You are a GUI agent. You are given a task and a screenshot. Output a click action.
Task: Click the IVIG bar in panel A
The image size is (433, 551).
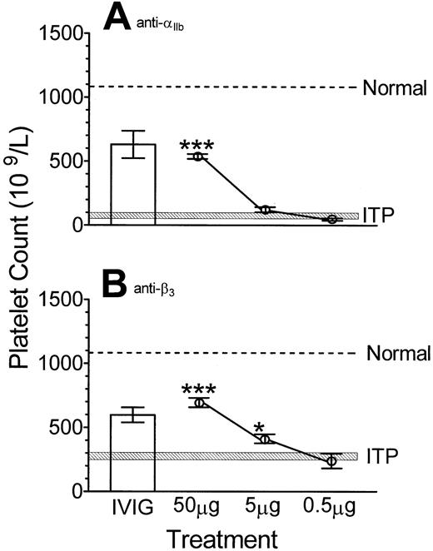pyautogui.click(x=133, y=184)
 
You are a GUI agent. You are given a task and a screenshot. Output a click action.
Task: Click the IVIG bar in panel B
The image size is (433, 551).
pyautogui.click(x=133, y=453)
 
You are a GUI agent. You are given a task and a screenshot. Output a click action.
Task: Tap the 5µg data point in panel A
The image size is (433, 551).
pyautogui.click(x=266, y=209)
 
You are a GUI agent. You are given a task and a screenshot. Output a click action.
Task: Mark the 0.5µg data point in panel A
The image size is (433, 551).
pyautogui.click(x=332, y=219)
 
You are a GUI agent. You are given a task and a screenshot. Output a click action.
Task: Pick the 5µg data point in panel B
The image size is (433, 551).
pyautogui.click(x=266, y=438)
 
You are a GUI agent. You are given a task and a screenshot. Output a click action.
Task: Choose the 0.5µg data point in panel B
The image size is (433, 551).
pyautogui.click(x=332, y=460)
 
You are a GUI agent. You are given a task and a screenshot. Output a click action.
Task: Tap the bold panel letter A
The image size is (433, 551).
pyautogui.click(x=117, y=18)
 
